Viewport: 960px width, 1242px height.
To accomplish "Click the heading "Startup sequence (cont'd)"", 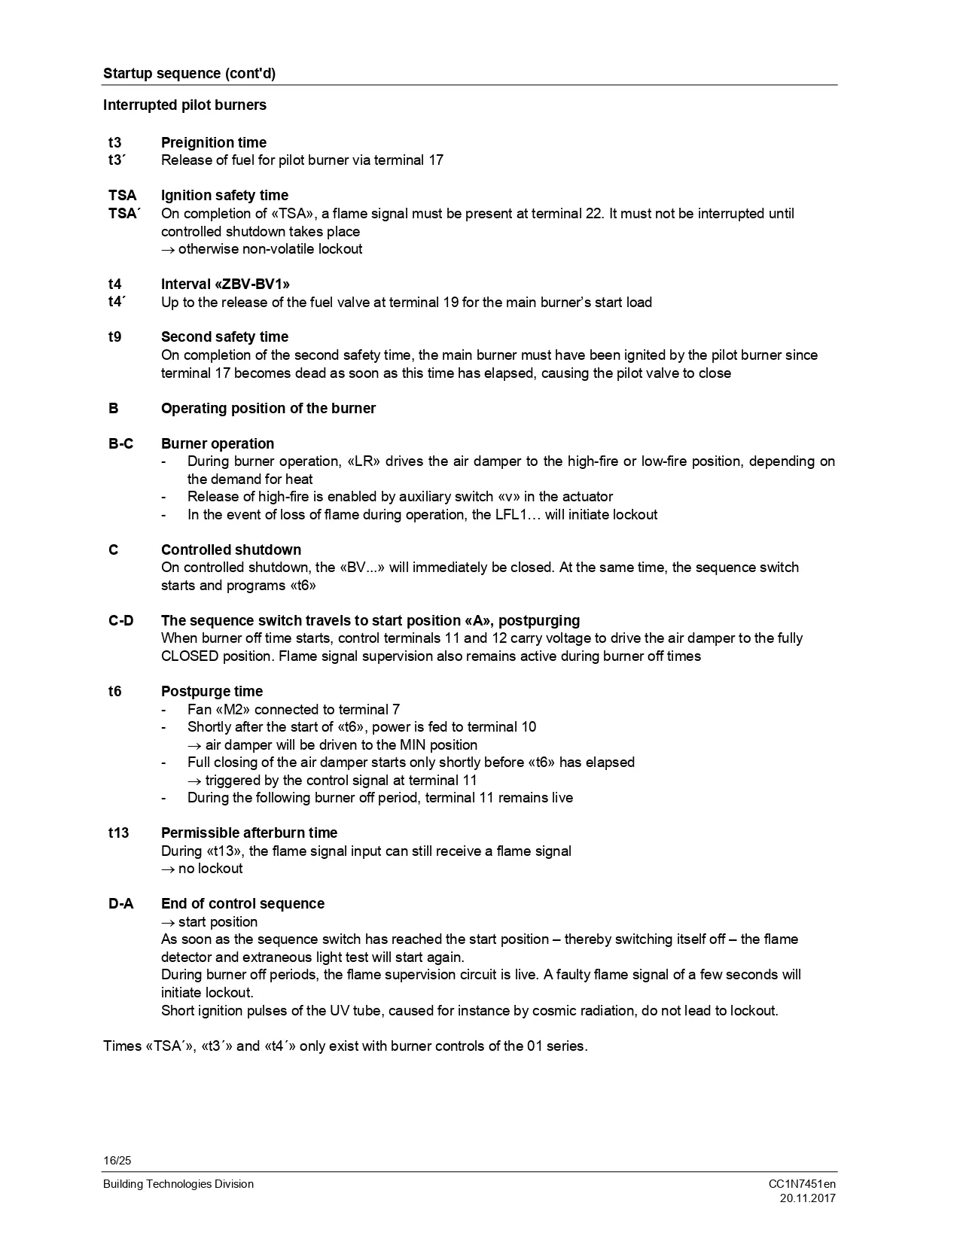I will click(189, 73).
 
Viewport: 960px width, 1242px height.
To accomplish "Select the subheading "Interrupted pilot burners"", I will click(184, 105).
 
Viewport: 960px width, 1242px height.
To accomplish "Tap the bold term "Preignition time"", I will click(214, 142).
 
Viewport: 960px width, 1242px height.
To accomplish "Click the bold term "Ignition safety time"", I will click(224, 195).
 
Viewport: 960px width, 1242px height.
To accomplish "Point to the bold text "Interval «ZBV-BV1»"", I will click(225, 284).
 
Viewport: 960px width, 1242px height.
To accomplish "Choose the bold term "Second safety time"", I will click(224, 336).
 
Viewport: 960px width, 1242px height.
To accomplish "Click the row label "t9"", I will click(114, 336).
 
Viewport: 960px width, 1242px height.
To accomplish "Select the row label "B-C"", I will click(120, 443).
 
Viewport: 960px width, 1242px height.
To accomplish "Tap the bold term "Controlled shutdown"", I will click(231, 549).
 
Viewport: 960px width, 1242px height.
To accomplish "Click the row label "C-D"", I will click(120, 620).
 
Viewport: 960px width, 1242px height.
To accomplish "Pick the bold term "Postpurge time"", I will click(212, 691).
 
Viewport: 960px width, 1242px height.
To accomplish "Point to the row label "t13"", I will click(118, 833).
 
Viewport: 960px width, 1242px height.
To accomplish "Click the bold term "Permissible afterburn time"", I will click(249, 833).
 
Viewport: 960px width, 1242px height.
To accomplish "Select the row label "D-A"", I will click(120, 903).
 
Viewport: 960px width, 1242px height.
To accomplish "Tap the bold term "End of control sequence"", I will click(242, 903).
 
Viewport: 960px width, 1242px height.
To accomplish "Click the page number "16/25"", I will click(117, 1160).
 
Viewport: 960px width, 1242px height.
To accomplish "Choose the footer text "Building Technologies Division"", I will click(178, 1184).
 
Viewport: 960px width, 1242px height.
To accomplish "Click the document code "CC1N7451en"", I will click(802, 1184).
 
